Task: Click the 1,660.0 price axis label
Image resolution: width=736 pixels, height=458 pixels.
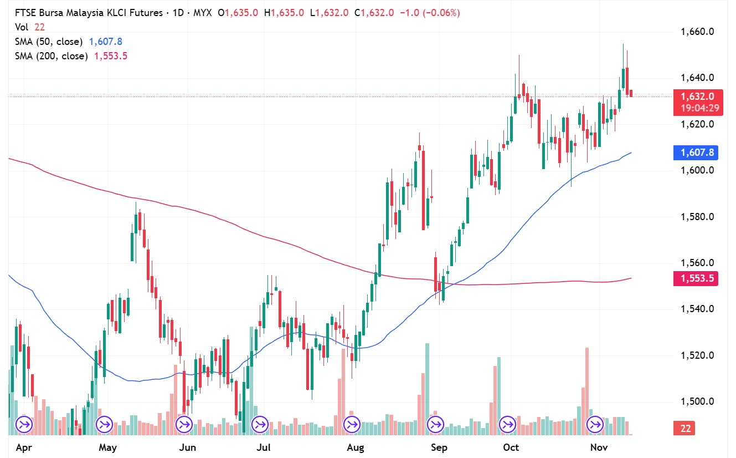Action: coord(697,32)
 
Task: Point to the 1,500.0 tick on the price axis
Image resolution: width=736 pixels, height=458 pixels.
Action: coord(697,401)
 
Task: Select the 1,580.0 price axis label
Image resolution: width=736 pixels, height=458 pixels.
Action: coord(697,216)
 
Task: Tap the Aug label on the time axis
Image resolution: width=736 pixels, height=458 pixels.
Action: coord(356,447)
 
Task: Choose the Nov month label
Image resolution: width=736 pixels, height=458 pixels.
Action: coord(600,447)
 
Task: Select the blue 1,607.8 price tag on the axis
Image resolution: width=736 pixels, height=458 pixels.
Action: coord(696,152)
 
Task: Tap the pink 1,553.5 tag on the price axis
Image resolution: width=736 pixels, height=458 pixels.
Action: coord(696,278)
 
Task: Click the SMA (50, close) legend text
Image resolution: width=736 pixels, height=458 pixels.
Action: coord(49,42)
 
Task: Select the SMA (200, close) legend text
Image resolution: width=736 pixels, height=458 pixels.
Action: coord(52,56)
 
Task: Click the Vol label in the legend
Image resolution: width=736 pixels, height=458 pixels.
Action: coord(22,27)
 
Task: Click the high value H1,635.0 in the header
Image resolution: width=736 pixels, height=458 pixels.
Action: coord(284,12)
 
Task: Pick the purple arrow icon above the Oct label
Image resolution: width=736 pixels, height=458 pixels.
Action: coord(508,425)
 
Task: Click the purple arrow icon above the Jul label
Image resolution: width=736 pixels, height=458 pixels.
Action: coord(259,425)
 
